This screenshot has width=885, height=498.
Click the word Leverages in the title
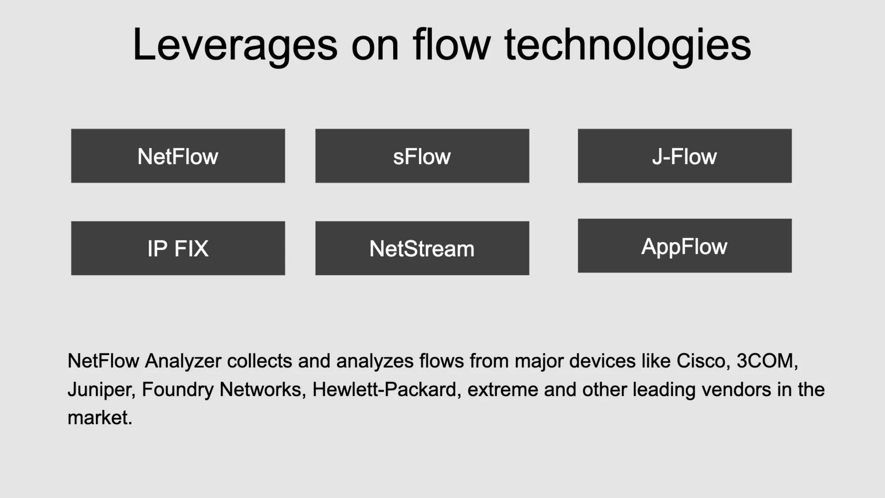[235, 45]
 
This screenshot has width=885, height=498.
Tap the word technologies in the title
[627, 45]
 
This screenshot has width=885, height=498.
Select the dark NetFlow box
[178, 156]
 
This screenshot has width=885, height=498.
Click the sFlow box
[422, 156]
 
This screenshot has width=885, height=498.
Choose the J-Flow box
[684, 156]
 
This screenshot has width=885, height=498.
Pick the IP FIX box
[178, 248]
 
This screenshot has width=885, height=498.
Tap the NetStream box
[422, 248]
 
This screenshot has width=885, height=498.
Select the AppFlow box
[684, 246]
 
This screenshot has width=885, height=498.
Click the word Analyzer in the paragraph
[183, 361]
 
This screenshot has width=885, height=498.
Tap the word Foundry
[178, 389]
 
